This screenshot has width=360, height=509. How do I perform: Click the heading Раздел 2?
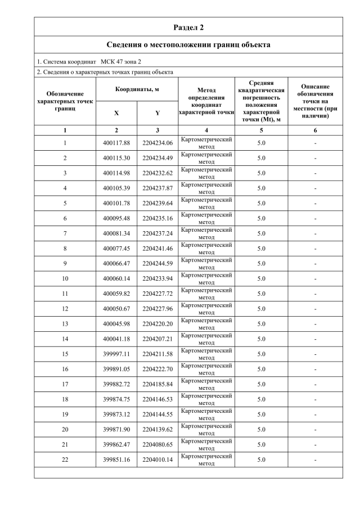coord(188,27)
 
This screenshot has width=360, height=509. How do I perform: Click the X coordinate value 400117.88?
coord(116,143)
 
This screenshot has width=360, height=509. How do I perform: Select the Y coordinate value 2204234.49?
coord(157,158)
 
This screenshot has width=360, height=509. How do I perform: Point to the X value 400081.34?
coord(116,233)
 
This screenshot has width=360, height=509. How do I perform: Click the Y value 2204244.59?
coord(157,263)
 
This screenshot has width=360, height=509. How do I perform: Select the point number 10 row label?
coord(65,278)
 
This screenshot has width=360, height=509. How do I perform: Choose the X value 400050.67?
coord(116,309)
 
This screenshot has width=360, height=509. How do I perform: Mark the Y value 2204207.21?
coord(157,339)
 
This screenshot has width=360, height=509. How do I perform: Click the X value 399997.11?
coord(116,354)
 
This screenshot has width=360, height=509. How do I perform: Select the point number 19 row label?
coord(65,414)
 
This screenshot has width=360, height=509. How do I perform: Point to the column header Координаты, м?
coord(137,89)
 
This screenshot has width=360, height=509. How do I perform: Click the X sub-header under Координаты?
coord(116,113)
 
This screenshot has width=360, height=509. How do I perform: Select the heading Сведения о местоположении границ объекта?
coord(188,44)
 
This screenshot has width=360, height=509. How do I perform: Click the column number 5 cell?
coord(261,130)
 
